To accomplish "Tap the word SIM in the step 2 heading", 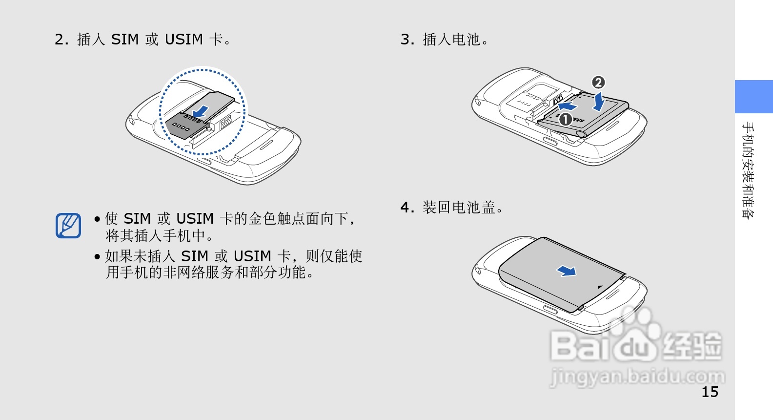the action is click(125, 39).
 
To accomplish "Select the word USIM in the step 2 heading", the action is click(183, 39).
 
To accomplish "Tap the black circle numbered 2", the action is click(598, 83).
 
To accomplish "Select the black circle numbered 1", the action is click(565, 119).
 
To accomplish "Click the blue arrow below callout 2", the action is click(599, 102).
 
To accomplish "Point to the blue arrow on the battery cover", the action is click(567, 271).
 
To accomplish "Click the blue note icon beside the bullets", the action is click(68, 225).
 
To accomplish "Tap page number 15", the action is click(710, 392).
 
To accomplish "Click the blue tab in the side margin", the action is click(753, 97).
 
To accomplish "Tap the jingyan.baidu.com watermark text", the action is click(637, 377).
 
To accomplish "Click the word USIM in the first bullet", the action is click(195, 218).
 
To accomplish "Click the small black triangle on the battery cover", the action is click(600, 287).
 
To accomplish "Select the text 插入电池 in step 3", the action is click(451, 39).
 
